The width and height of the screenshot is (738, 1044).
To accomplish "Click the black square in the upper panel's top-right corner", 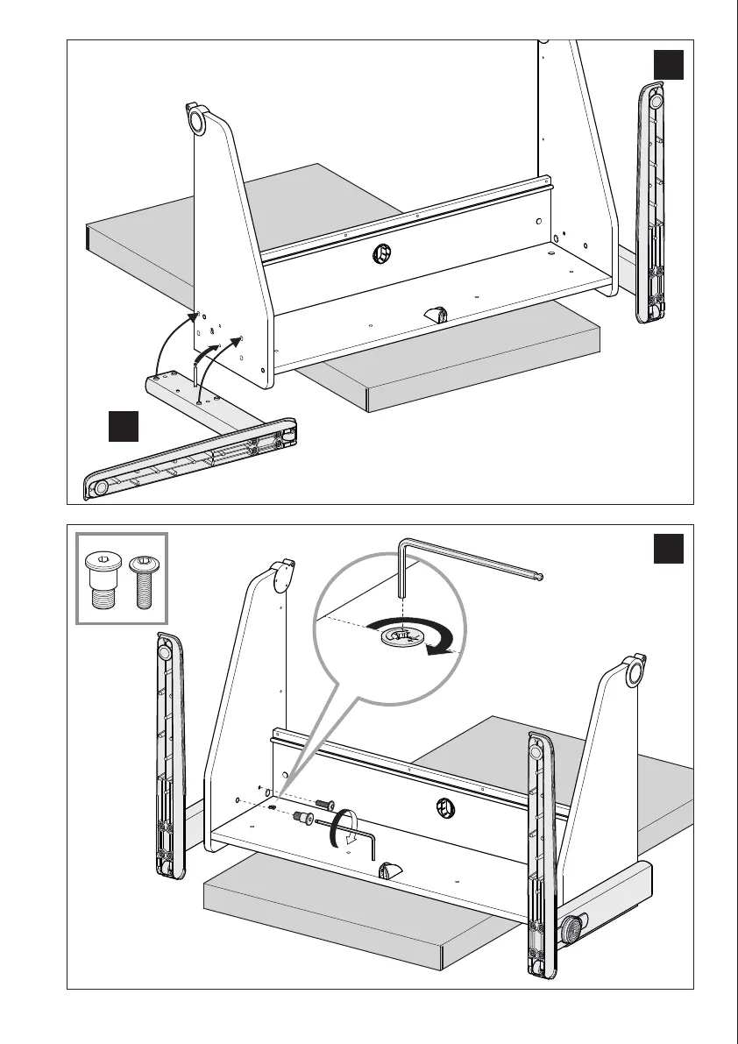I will (669, 65).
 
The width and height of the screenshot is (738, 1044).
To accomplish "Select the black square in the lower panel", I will (669, 550).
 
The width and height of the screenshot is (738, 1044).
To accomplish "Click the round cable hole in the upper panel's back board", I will (383, 254).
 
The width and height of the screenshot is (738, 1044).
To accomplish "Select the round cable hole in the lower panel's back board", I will (444, 807).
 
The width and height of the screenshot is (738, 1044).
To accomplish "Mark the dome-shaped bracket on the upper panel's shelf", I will (436, 313).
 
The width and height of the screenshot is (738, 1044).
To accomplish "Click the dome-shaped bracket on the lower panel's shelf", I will (389, 870).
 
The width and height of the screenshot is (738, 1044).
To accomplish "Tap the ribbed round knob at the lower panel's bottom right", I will (575, 927).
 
